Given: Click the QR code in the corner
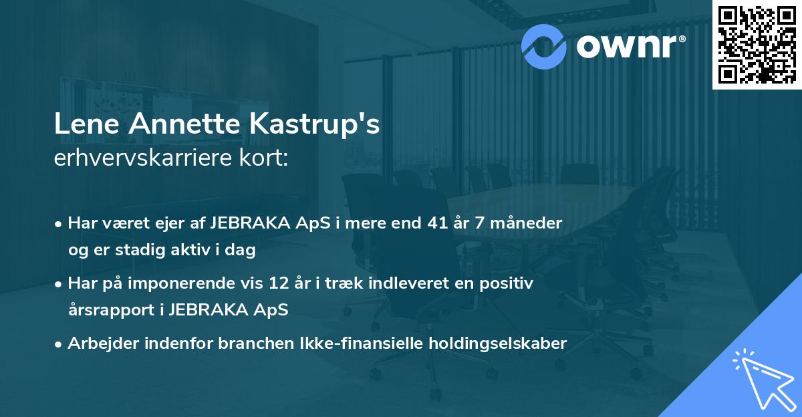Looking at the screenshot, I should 757,44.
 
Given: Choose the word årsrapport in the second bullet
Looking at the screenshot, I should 110,309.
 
